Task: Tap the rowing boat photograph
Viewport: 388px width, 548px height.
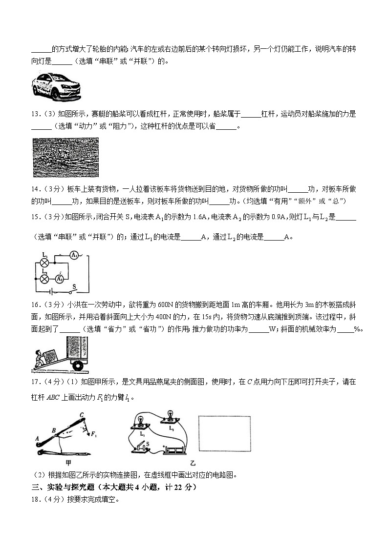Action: pos(65,157)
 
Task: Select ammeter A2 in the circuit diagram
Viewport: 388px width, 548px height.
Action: pos(60,279)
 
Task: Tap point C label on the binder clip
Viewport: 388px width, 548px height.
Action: pos(82,415)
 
